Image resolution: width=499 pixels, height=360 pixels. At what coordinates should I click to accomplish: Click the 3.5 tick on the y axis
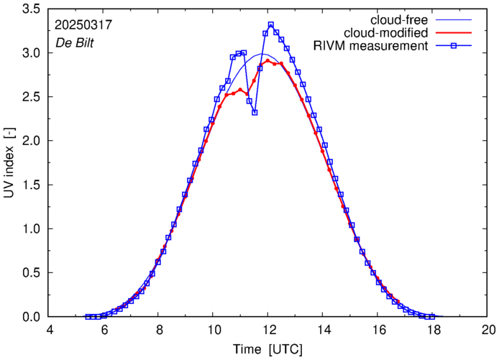29,9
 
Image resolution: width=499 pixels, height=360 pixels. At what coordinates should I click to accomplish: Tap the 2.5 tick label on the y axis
29,97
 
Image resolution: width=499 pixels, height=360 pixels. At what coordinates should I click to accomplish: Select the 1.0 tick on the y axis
29,229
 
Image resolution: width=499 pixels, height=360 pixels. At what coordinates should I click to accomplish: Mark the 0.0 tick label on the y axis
29,316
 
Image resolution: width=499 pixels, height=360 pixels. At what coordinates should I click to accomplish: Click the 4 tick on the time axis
50,330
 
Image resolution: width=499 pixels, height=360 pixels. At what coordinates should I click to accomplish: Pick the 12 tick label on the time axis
268,330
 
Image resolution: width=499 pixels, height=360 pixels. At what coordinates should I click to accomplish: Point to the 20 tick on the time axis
488,330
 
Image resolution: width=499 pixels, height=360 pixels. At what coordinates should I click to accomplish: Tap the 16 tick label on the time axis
378,330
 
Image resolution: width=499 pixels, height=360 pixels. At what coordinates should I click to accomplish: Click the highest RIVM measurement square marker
271,24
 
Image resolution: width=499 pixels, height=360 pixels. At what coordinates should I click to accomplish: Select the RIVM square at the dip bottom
255,112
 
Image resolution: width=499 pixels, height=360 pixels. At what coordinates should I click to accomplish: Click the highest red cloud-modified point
267,60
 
